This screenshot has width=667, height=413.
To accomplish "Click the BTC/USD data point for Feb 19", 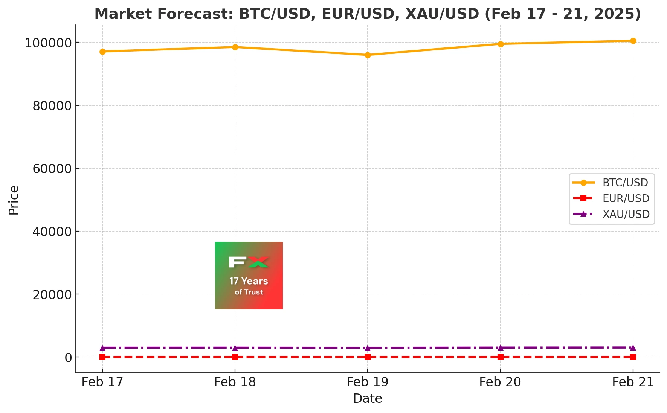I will (x=368, y=55).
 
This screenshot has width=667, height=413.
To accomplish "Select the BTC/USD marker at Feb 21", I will (x=633, y=41).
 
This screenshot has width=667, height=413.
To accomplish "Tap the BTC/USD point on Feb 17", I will (x=102, y=52).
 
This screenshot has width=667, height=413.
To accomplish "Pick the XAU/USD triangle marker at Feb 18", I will (x=235, y=348).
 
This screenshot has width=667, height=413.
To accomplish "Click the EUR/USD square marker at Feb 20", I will (x=501, y=357).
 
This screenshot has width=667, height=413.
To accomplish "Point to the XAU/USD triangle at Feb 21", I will (x=633, y=347).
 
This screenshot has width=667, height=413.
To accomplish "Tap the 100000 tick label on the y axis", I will (x=48, y=43).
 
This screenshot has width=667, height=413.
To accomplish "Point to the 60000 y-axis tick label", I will (x=52, y=169).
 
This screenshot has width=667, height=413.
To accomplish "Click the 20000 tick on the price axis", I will (x=52, y=294).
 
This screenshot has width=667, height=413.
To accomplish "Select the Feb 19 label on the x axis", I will (x=368, y=382).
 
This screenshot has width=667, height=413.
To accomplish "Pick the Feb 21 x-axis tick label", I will (x=633, y=382).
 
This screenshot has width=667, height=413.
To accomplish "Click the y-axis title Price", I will (x=14, y=200).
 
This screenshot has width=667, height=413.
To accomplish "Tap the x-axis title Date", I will (x=368, y=399).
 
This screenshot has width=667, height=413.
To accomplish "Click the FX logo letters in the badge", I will (x=249, y=262).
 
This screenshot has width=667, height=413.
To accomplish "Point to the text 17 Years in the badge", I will (x=249, y=281).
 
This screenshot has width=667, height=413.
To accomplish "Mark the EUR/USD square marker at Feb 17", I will (x=102, y=357).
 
